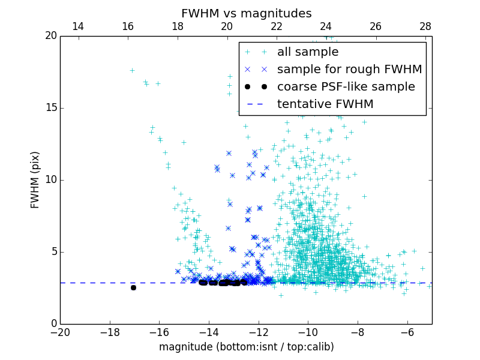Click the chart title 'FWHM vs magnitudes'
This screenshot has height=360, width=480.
pos(246,13)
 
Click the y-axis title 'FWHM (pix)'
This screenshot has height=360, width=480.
pos(35,179)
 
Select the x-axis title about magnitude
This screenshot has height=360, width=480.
pos(246,347)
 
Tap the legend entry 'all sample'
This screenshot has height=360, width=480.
pos(308,52)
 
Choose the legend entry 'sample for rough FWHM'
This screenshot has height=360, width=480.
pos(349,70)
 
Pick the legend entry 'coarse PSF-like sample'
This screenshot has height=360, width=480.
pos(346,87)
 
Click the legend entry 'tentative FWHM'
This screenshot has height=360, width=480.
pos(325,104)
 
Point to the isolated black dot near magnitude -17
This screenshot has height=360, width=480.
pos(133,287)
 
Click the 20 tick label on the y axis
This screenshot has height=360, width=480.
pos(50,36)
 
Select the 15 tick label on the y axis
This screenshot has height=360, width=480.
pos(50,108)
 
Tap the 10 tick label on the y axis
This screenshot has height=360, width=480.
pos(50,180)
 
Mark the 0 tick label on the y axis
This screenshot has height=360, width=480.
pos(53,324)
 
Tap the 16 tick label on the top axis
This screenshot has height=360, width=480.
pos(128,26)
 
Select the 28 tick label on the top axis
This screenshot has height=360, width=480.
pos(425,26)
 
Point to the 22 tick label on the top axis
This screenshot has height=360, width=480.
pos(277,26)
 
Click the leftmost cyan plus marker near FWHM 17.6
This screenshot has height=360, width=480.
pos(132,70)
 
